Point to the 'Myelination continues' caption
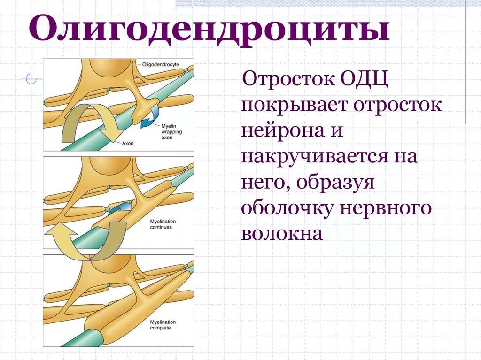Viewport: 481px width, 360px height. tap(161, 224)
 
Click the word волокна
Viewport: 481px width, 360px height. tap(282, 233)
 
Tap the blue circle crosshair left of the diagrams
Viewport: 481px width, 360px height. tap(31, 80)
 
